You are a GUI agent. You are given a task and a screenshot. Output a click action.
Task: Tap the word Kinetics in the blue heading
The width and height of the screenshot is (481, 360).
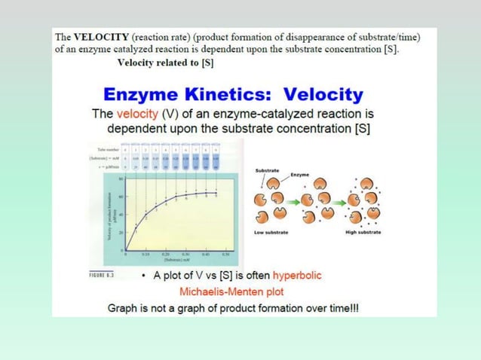coord(219,96)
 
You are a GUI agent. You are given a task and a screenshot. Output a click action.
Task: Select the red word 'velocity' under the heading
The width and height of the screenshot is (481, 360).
coord(136,114)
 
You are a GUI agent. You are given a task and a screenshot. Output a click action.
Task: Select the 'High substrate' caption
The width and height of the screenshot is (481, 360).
coord(363,232)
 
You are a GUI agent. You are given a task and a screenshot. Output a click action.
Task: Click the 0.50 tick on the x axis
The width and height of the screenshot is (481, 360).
coord(225,256)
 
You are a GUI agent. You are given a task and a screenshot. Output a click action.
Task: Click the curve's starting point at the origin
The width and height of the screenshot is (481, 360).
coord(126,251)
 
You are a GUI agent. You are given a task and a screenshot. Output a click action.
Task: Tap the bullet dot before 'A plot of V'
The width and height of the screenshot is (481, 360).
coord(145,276)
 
